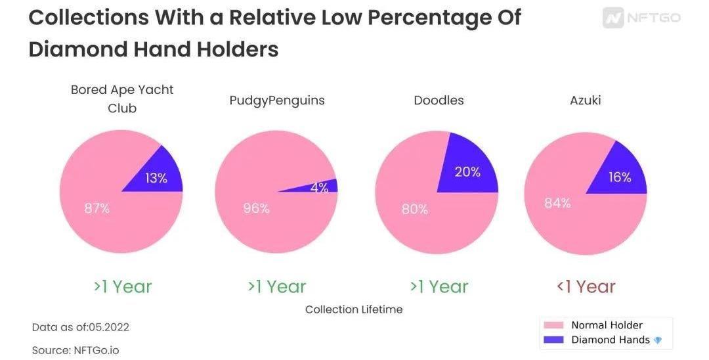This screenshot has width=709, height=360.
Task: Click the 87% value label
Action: point(97,209)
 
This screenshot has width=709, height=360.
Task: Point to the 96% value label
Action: point(256,209)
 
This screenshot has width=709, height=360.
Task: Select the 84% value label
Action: point(557,204)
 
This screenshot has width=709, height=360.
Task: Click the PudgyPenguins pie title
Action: point(277,101)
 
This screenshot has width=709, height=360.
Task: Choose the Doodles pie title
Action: point(439,101)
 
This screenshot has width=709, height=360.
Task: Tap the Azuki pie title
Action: point(586,101)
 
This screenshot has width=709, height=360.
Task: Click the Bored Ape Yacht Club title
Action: point(122,99)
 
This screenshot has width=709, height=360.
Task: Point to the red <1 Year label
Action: point(586,286)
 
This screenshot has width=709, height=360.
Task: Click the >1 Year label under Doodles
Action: point(439,286)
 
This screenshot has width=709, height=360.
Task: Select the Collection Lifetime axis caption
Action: point(354,309)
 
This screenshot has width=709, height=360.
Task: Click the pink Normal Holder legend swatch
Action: point(555,325)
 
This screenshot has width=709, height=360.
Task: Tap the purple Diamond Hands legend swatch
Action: point(555,340)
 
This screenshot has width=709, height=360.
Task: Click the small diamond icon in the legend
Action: point(658,340)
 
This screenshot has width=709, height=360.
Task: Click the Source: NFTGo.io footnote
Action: point(75,350)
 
